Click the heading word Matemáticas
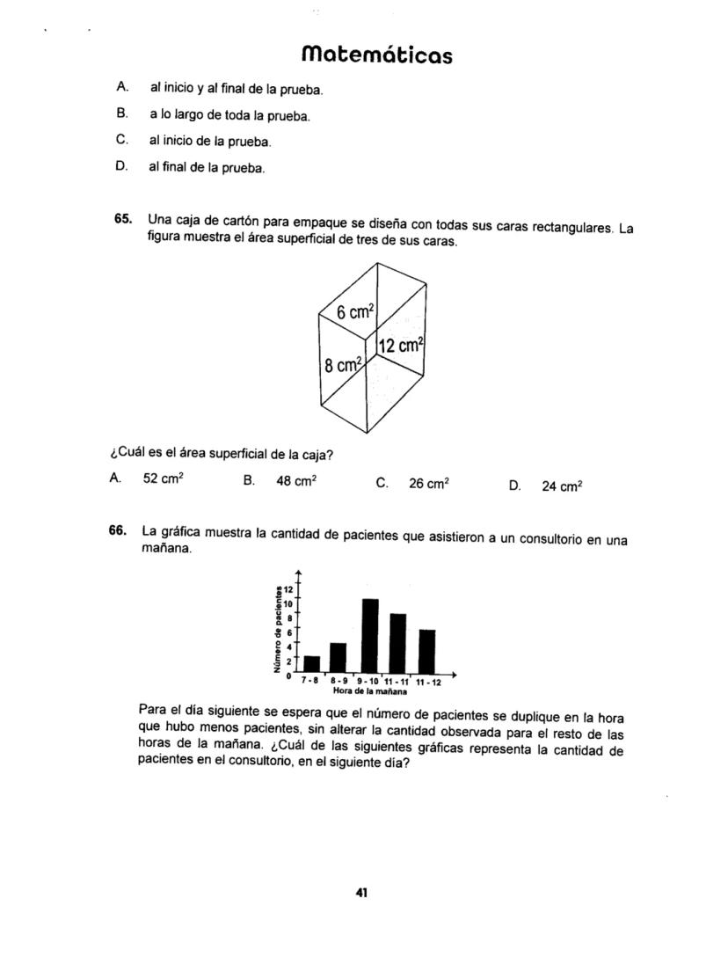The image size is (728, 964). tap(376, 55)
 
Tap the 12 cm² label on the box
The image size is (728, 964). tap(402, 346)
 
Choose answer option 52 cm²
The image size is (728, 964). tap(163, 478)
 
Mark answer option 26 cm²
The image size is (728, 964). tap(429, 483)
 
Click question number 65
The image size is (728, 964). tap(123, 218)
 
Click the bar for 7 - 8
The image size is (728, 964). tap(311, 662)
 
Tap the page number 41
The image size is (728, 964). tap(360, 892)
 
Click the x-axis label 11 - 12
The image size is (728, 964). tap(429, 681)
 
